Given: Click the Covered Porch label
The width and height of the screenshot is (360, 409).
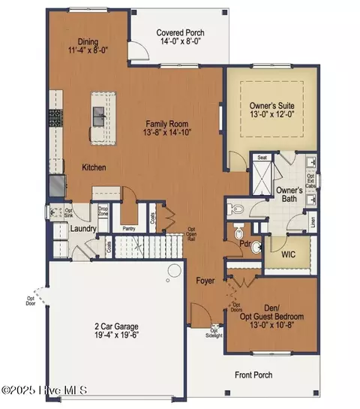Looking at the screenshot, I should [x=180, y=33].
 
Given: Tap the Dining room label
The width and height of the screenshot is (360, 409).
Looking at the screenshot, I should [x=88, y=43].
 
